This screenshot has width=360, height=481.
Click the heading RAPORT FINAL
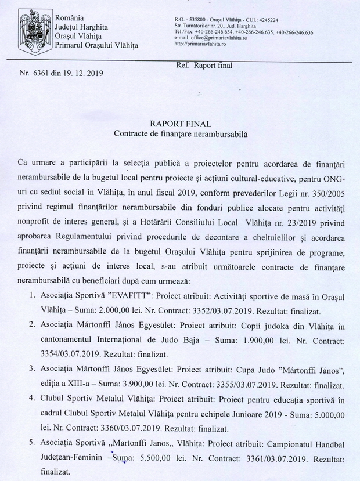(180, 124)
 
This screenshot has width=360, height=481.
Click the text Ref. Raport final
(203, 66)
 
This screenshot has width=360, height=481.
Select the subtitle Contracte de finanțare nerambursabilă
(180, 133)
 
